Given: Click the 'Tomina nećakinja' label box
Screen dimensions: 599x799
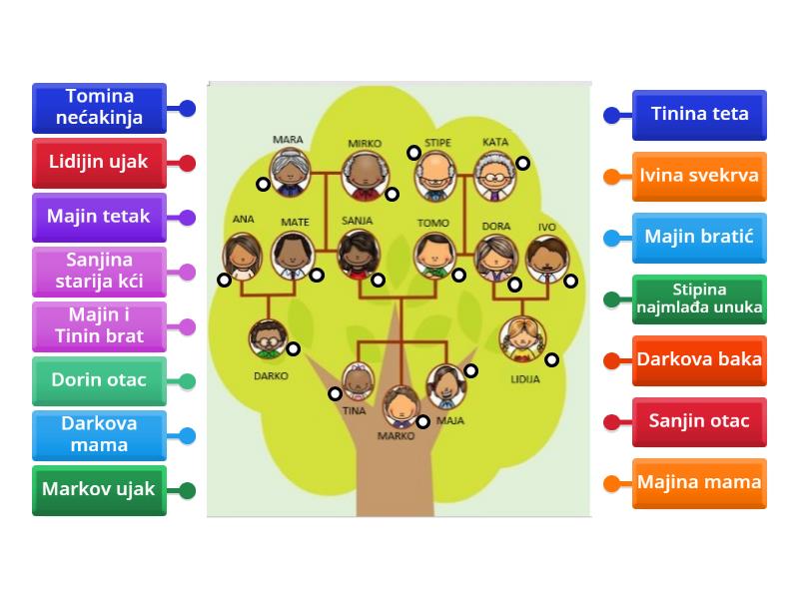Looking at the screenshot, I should tap(99, 107).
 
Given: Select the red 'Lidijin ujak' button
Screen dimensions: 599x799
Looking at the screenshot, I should tap(99, 162).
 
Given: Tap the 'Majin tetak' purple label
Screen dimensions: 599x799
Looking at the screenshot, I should tap(99, 217).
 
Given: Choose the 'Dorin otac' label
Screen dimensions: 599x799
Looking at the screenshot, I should tap(99, 379).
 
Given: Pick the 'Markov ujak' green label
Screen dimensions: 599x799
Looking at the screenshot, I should tap(99, 489).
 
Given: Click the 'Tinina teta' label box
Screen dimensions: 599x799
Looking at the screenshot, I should tap(699, 114).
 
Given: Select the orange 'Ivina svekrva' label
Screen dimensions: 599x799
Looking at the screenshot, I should tap(699, 176).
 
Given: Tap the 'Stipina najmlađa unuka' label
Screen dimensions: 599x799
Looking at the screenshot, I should tap(699, 299).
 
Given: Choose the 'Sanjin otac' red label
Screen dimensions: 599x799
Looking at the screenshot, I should tap(699, 420).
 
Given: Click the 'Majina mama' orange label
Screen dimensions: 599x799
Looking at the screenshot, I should tap(699, 482).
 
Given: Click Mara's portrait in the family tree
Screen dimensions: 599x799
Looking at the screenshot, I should tap(289, 173).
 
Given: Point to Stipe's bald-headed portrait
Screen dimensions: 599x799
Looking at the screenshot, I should tap(436, 176).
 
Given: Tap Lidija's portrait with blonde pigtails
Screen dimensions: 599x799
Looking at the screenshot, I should tap(522, 337).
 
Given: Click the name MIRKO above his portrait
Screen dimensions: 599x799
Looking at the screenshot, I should tap(365, 144).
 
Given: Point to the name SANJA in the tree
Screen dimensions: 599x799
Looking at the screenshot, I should tap(357, 220).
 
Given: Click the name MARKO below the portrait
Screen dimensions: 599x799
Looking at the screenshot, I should tap(396, 436).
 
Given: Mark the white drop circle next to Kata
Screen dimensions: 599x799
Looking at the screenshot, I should tap(522, 163).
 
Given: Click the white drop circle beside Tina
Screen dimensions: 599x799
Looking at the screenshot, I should tap(336, 393).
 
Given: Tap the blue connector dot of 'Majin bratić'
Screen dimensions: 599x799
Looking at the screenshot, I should tap(611, 238).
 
